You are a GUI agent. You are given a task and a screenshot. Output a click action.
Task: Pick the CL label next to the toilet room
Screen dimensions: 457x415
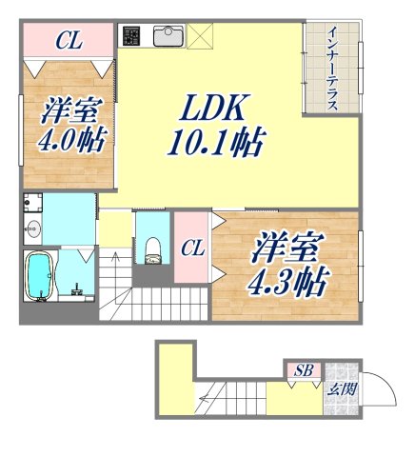[x=192, y=249]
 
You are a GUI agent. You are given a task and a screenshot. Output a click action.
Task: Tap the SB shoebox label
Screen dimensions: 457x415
[x=304, y=369]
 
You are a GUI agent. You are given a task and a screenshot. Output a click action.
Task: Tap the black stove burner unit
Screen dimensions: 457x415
[x=131, y=37]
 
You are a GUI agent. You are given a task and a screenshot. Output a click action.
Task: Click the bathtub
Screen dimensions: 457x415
[x=40, y=277]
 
